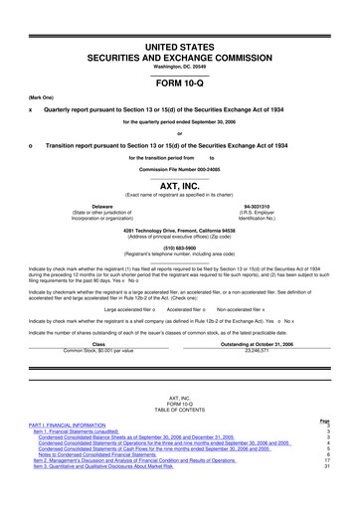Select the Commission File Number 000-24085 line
tap(180, 170)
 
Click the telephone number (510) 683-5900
tap(180, 249)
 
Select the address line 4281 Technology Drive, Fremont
tap(180, 231)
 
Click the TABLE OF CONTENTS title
tap(180, 409)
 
